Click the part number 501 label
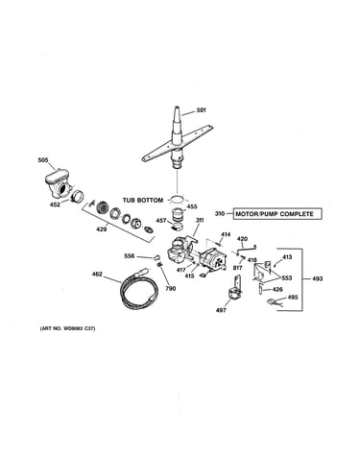tap(202, 110)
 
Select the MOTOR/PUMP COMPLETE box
tap(277, 214)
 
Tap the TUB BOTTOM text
tap(143, 201)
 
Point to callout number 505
tap(43, 160)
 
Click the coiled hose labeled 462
tap(139, 290)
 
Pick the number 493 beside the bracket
tap(318, 278)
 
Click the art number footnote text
tap(67, 328)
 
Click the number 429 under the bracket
tap(102, 229)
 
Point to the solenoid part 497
tap(235, 289)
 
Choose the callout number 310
tap(220, 214)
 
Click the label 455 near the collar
tap(192, 206)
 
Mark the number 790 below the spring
tap(171, 289)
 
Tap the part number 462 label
tap(97, 274)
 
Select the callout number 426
tap(277, 290)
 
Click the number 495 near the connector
tap(293, 298)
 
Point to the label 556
tap(130, 256)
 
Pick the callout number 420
tap(243, 239)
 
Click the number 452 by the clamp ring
tap(55, 204)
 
